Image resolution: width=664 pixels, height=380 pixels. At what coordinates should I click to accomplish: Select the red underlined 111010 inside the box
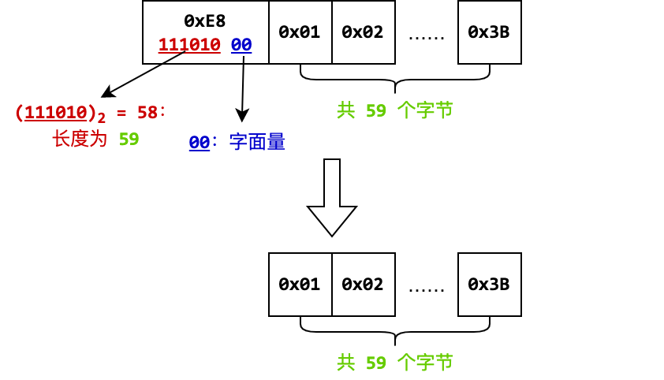[x=189, y=45]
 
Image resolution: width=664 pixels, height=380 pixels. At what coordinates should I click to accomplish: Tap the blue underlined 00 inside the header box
[x=241, y=45]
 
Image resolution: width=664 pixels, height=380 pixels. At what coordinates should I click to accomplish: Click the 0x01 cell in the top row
[x=300, y=32]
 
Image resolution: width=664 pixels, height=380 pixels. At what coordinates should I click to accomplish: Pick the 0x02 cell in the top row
[x=363, y=32]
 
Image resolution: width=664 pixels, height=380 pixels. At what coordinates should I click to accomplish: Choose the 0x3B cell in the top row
[x=489, y=32]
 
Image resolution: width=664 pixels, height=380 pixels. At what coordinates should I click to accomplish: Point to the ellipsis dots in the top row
[x=427, y=36]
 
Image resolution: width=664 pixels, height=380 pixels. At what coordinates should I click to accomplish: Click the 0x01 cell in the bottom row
[x=300, y=284]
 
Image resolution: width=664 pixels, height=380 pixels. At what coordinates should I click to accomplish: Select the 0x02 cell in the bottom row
[x=363, y=284]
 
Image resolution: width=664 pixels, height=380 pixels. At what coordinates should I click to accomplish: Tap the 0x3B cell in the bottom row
[x=489, y=284]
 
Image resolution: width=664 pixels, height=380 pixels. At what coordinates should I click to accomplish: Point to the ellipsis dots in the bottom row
[x=427, y=289]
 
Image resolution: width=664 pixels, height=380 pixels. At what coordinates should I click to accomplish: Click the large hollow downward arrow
[x=332, y=197]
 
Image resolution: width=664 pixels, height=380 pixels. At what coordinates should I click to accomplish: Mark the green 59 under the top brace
[x=376, y=110]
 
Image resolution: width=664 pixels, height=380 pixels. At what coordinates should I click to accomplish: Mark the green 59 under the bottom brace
[x=376, y=363]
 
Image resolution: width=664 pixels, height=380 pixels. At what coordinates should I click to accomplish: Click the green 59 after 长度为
[x=129, y=140]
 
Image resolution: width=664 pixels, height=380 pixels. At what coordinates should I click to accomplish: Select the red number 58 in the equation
[x=147, y=112]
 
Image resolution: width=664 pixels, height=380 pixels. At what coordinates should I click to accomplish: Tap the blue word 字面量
[x=256, y=143]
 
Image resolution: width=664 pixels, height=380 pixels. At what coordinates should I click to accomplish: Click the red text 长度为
[x=79, y=140]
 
